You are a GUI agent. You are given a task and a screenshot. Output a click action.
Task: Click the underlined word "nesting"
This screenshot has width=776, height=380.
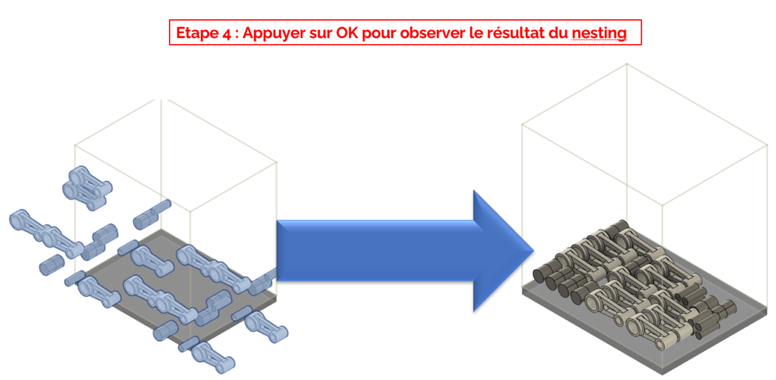point(600,34)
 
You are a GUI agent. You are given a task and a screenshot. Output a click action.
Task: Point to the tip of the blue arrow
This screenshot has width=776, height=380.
point(530,250)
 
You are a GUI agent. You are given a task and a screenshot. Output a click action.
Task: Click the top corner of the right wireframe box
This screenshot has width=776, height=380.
point(627,64)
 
